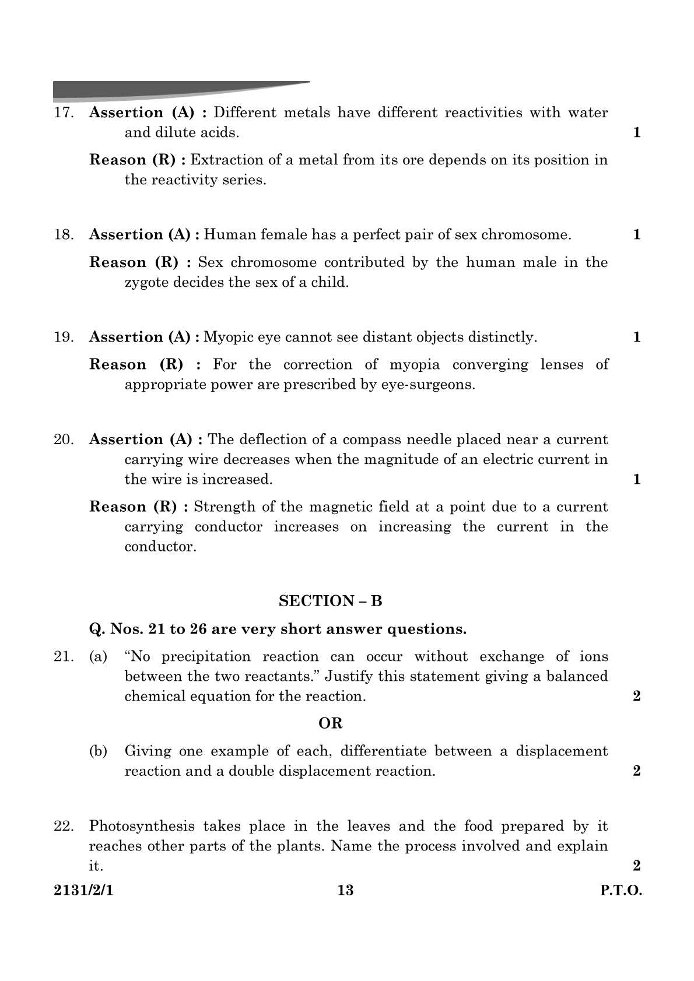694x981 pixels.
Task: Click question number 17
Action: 63,112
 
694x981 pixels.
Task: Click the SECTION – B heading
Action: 330,601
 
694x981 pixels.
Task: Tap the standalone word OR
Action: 330,723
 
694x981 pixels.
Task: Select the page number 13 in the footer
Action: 345,890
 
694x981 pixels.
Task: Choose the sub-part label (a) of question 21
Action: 98,657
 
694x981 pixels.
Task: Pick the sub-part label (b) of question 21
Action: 98,751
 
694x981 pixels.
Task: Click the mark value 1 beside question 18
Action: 636,235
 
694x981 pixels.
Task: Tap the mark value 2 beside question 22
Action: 636,866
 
